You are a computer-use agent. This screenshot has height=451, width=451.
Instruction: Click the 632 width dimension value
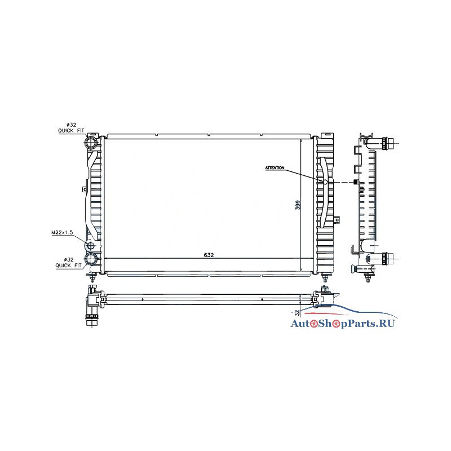(x=209, y=255)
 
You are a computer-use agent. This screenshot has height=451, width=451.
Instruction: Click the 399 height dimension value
(x=298, y=205)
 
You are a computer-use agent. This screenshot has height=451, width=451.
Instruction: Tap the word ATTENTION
(x=275, y=167)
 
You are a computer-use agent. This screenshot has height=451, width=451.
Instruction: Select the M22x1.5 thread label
(x=62, y=232)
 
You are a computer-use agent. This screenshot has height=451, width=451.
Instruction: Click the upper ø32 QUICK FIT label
(x=71, y=128)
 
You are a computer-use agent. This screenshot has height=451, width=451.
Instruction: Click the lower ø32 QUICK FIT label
(x=68, y=263)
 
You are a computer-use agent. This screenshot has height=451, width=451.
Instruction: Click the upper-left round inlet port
(x=91, y=143)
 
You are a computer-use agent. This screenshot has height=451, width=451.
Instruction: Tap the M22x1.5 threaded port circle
(x=91, y=246)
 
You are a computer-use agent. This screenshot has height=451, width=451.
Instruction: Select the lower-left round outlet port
(x=91, y=259)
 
